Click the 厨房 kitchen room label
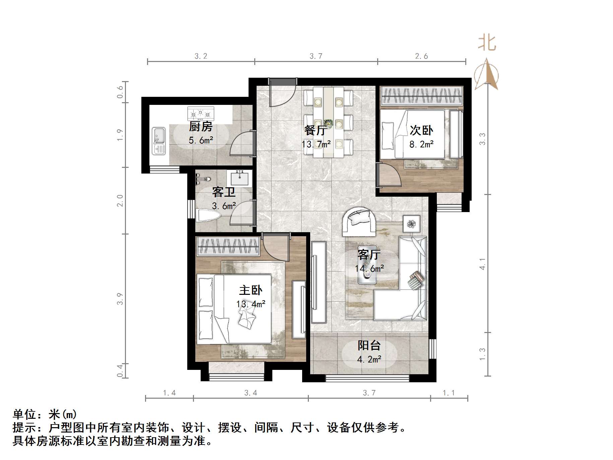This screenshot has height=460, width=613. pos(201,127)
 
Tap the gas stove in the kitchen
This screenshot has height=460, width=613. pos(201,113)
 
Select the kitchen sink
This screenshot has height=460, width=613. pos(159,141)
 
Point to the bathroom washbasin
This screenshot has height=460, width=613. pos(240,178)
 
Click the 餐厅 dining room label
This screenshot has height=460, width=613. pos(316,130)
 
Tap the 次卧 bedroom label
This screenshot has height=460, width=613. pos(421,130)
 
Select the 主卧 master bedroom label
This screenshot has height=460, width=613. pos(251,290)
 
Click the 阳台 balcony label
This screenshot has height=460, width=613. pos(369,345)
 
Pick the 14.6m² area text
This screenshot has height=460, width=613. pos(369,268)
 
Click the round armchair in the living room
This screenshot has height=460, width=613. pos(359,221)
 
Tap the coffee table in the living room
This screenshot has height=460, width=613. pos(367,271)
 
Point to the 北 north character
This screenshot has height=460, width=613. pos(487,44)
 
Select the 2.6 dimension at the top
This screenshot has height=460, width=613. pos(421,56)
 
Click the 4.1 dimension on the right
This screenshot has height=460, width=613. pos(482,264)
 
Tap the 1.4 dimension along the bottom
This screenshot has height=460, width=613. pos(169,393)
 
